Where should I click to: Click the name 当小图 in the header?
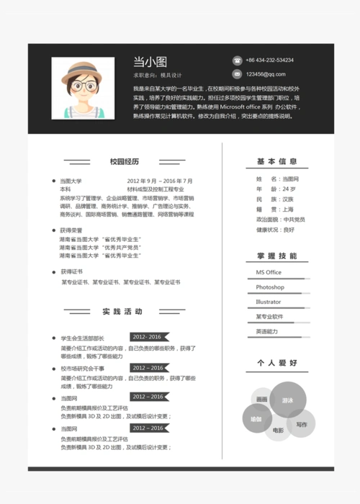pos(150,62)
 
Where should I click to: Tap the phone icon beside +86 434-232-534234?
pos(237,60)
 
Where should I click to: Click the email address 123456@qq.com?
pos(266,74)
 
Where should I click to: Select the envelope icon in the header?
pos(237,74)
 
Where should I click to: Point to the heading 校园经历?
pos(124,161)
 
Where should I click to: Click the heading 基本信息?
pos(277,161)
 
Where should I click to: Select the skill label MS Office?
pos(269,272)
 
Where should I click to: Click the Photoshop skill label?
pos(270,287)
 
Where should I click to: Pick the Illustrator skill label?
pos(269,302)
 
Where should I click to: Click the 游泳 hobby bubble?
pos(287,400)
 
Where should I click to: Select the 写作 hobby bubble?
pos(301,424)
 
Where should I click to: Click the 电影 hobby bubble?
pos(278,430)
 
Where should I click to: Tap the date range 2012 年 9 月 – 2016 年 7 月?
pos(160,181)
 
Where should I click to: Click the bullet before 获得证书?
pos(54,272)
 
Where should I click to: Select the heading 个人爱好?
pos(277,363)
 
